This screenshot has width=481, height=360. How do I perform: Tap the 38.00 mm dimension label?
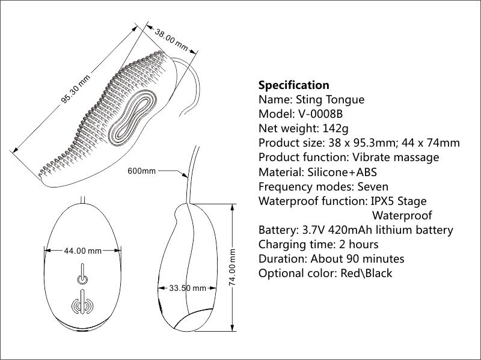click(171, 40)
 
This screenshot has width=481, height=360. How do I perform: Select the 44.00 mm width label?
click(82, 251)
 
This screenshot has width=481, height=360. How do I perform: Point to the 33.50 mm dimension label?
click(187, 288)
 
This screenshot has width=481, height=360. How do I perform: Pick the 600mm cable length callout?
click(142, 171)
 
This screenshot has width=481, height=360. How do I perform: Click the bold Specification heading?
click(293, 85)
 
